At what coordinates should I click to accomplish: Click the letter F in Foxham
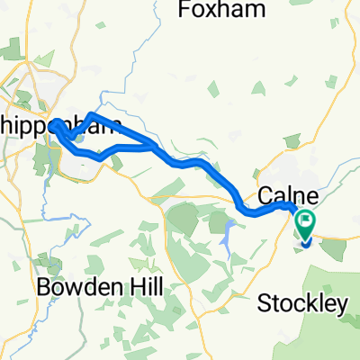pyautogui.click(x=186, y=12)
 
